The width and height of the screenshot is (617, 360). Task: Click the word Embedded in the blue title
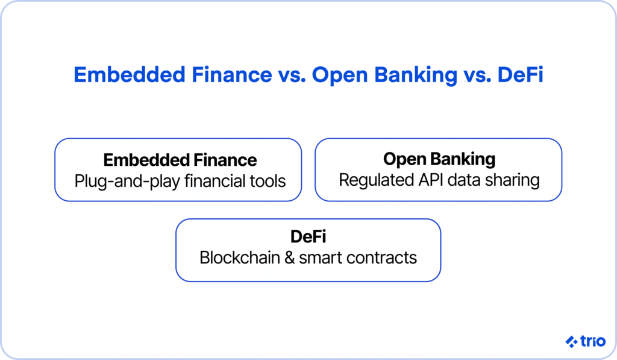130,74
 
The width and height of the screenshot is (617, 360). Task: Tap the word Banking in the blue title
416,75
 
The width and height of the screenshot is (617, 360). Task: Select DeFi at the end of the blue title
520,74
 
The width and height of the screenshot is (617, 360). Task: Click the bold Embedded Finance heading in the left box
180,160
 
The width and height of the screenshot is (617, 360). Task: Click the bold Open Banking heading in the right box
439,160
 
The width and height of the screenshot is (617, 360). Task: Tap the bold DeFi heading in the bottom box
308,237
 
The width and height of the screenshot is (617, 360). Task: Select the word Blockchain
240,257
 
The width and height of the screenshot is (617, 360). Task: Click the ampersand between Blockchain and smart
289,258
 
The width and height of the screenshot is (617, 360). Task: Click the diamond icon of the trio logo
571,341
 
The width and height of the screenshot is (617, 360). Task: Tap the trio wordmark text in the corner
593,341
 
